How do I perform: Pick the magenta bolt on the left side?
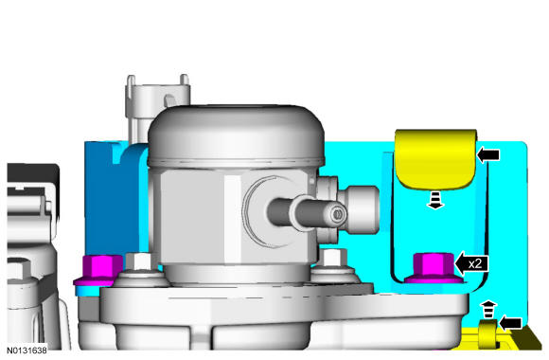pyautogui.click(x=97, y=269)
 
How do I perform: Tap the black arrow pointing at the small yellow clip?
pyautogui.click(x=514, y=325)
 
